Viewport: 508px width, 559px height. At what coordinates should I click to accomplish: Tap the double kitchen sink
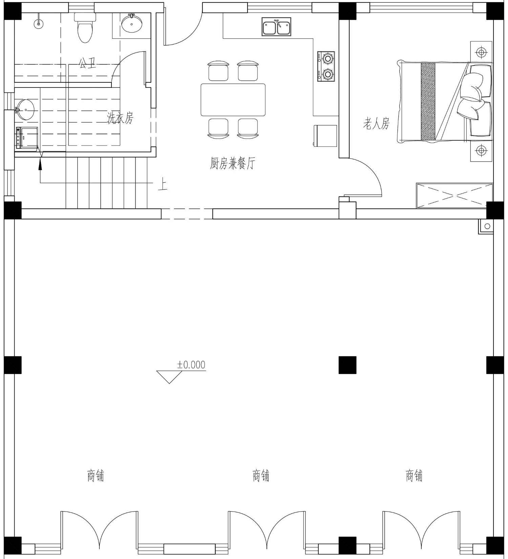coord(276,27)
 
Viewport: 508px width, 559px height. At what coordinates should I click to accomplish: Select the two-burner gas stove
coord(326,66)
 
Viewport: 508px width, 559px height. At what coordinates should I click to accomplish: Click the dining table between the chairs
coord(233,100)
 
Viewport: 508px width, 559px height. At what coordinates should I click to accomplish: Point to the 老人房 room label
coord(376,123)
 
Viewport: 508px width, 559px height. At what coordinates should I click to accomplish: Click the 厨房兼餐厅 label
coord(232,163)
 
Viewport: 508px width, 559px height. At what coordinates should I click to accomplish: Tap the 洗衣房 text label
coord(120,118)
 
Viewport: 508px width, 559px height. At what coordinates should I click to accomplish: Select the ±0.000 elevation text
coord(191,365)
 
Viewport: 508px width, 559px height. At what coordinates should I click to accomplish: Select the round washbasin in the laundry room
coord(24,109)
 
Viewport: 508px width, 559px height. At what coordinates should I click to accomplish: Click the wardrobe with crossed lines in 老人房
coord(454,196)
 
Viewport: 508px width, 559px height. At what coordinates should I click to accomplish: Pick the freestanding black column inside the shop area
coord(347,365)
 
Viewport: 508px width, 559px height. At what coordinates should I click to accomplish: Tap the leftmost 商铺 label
coord(96,476)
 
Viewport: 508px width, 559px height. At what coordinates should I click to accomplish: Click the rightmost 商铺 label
coord(414,476)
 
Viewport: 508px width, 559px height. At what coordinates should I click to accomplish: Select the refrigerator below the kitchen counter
coord(325,136)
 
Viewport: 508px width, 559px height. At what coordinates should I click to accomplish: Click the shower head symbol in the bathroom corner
coord(39,22)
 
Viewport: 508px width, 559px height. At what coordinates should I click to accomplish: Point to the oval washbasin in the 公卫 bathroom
coord(132,23)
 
